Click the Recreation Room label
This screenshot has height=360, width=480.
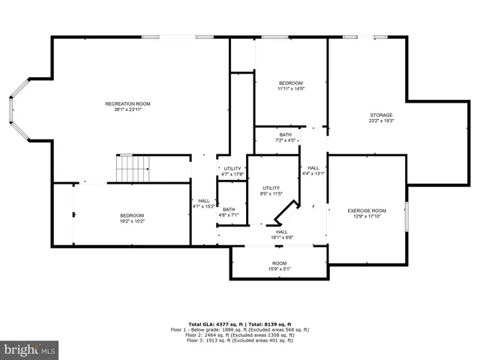click(x=127, y=103)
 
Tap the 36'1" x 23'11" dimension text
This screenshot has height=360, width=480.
click(x=127, y=109)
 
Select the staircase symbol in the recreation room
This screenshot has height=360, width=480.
click(x=132, y=168)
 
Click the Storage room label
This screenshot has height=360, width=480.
click(x=381, y=115)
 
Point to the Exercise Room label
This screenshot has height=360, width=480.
click(x=367, y=211)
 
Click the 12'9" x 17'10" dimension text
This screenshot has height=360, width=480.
click(x=367, y=217)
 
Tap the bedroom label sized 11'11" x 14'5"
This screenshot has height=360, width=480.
click(x=290, y=82)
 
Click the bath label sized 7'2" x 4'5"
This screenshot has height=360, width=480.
click(x=286, y=134)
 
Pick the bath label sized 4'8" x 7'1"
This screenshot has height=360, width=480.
click(x=229, y=209)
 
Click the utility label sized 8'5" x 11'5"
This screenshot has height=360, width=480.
click(x=271, y=187)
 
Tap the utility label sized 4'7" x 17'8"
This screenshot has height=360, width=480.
click(x=232, y=169)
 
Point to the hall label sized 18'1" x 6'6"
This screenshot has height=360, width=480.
click(x=281, y=232)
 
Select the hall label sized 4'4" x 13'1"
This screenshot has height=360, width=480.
click(x=313, y=168)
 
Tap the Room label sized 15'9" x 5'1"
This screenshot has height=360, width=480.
click(x=280, y=263)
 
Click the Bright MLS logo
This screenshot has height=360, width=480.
click(x=30, y=349)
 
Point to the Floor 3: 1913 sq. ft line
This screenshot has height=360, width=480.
click(x=239, y=341)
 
